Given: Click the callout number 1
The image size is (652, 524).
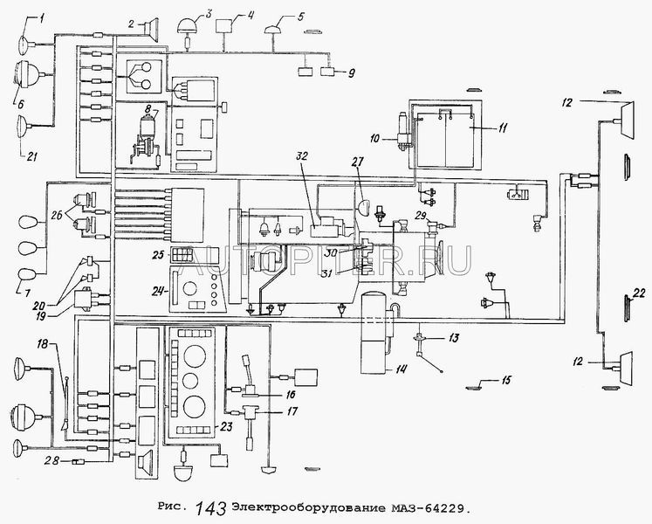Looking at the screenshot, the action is (x=42, y=17).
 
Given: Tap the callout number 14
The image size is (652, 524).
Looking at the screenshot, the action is (x=401, y=369).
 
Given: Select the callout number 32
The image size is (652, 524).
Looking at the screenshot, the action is (x=302, y=156).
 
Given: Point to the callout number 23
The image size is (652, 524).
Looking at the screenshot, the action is (x=226, y=426).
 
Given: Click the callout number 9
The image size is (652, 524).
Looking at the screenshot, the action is (x=352, y=73).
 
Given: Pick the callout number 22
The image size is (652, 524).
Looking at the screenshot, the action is (x=640, y=293).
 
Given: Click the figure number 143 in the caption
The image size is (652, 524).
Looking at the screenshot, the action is (x=211, y=508).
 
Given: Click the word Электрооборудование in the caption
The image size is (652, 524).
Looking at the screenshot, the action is (x=309, y=507).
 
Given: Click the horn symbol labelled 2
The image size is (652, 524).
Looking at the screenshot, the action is (x=151, y=29).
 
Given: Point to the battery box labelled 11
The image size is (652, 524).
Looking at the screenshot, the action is (x=445, y=134).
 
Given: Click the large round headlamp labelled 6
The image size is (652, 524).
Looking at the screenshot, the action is (x=26, y=75).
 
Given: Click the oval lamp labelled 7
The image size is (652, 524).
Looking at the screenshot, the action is (x=27, y=275).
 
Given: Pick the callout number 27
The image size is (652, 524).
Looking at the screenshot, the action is (x=355, y=162).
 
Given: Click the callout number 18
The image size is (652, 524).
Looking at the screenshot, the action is (x=43, y=344).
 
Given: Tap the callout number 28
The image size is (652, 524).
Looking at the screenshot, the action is (x=52, y=461).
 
